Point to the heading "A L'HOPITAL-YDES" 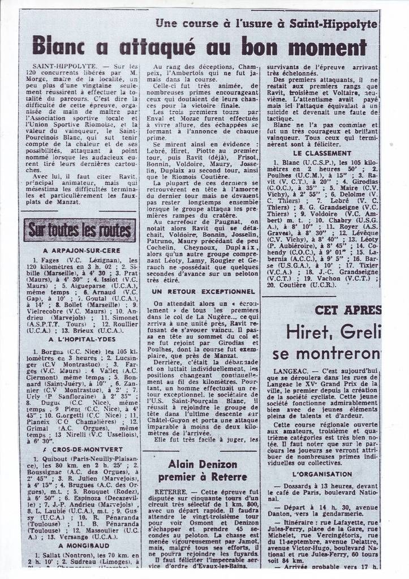coord(82,339)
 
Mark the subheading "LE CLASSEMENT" coord(322,153)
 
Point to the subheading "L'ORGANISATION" coord(322,474)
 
